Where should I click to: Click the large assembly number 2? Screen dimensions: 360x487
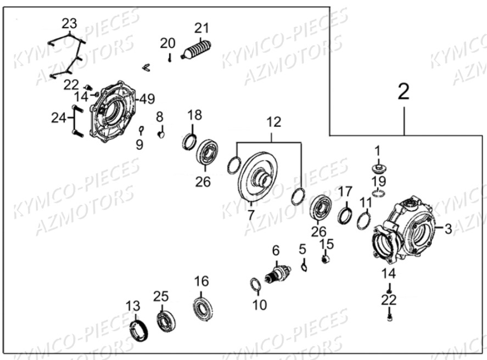click(404, 92)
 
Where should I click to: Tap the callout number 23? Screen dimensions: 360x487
click(69, 23)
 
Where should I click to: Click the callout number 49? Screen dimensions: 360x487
click(147, 99)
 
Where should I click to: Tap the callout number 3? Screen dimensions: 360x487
click(448, 229)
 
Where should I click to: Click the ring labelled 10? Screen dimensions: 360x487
click(255, 285)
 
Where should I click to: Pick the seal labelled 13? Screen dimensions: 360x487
click(138, 331)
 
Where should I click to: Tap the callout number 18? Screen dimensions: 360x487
click(194, 115)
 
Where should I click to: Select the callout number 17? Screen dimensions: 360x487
click(344, 192)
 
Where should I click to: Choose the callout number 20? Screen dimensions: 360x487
click(167, 43)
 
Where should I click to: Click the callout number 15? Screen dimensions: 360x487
click(327, 243)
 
